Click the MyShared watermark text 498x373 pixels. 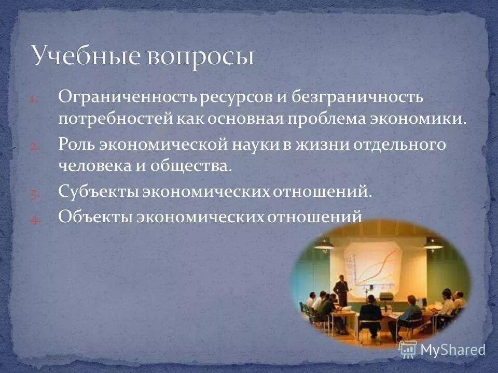point(451,350)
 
